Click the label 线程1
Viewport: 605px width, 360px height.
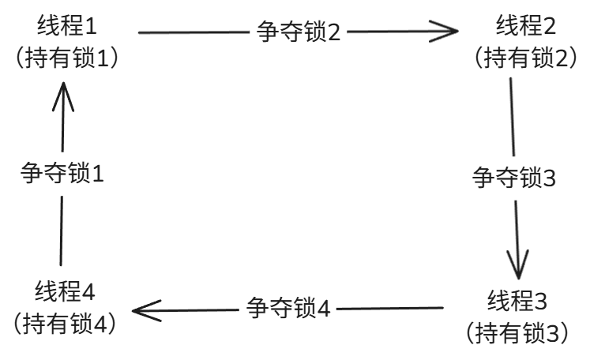pos(66,26)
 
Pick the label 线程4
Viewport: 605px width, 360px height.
pos(66,291)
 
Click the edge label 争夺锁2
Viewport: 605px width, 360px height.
pos(299,32)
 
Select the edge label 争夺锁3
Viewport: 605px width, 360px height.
pos(514,177)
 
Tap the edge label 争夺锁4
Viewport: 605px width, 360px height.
pos(287,307)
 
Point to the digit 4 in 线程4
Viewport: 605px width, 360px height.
pos(88,291)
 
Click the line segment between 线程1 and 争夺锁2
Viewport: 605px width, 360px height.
pos(194,32)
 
